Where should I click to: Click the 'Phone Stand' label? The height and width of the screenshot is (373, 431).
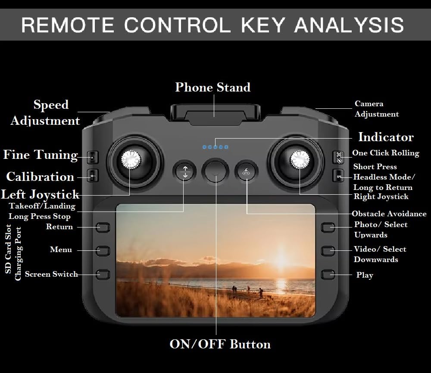212,87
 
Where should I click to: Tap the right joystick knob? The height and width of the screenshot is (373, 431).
299,160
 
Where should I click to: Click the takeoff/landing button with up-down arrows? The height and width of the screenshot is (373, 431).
185,171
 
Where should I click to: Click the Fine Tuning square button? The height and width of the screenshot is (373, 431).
92,158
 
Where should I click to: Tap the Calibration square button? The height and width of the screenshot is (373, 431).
92,176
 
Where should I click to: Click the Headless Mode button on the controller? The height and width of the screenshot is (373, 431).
338,176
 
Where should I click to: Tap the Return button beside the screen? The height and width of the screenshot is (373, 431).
103,227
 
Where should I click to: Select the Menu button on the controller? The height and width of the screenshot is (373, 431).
103,250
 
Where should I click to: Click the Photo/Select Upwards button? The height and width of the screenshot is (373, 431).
328,227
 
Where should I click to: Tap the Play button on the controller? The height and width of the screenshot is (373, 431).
328,274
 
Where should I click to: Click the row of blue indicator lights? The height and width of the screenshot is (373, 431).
215,147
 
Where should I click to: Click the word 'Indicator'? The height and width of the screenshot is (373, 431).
386,137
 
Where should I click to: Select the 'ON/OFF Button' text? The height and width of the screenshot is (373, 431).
220,344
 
